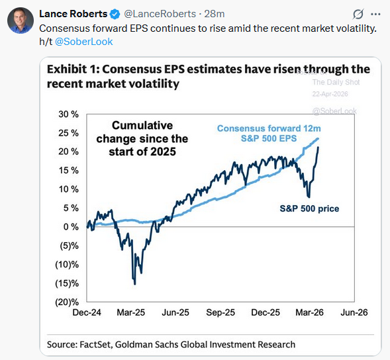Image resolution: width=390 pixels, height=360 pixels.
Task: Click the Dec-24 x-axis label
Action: (87, 312)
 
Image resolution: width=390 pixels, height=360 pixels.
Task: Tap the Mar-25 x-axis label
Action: (132, 312)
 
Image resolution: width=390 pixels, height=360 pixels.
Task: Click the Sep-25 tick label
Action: (220, 312)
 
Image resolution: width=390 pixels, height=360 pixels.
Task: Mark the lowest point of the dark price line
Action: (135, 284)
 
